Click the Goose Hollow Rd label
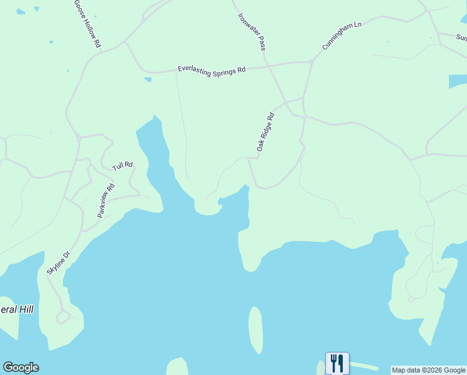tap(87, 24)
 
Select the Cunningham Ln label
tap(342, 36)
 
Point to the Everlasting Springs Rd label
tap(211, 69)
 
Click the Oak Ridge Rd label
tap(265, 132)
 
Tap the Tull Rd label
tap(123, 166)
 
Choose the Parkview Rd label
tap(106, 200)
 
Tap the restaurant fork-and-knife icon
tap(337, 363)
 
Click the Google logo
tap(21, 367)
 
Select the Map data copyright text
tap(428, 370)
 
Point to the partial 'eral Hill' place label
tap(17, 309)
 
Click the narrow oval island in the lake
tap(255, 330)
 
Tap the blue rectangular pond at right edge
tap(458, 82)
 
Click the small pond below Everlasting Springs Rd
tap(147, 79)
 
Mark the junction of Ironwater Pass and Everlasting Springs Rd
tap(266, 63)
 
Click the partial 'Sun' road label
tap(461, 37)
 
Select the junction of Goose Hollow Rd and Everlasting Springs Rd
tap(125, 42)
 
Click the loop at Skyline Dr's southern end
tap(62, 318)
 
